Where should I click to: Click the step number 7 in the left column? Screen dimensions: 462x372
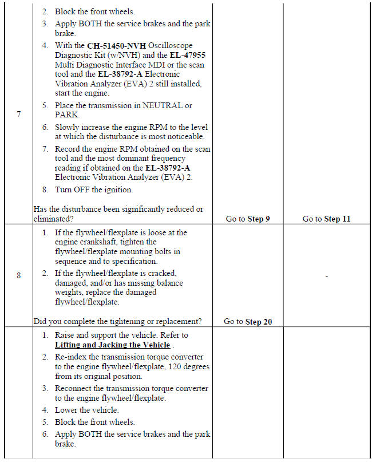tap(19, 114)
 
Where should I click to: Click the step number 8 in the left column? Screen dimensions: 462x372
tap(19, 275)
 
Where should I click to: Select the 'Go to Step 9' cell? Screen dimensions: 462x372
tap(248, 219)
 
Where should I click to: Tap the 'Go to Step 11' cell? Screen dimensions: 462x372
tap(326, 219)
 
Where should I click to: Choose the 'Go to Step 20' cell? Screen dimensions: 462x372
tap(248, 322)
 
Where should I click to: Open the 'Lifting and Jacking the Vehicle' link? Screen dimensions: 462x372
tap(112, 345)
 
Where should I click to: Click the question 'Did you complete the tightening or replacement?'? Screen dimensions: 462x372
tap(119, 322)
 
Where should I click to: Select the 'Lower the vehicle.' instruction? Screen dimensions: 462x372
tap(87, 410)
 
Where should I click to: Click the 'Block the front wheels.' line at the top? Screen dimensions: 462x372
tap(95, 11)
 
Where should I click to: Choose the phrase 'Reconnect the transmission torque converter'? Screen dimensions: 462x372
tap(132, 388)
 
